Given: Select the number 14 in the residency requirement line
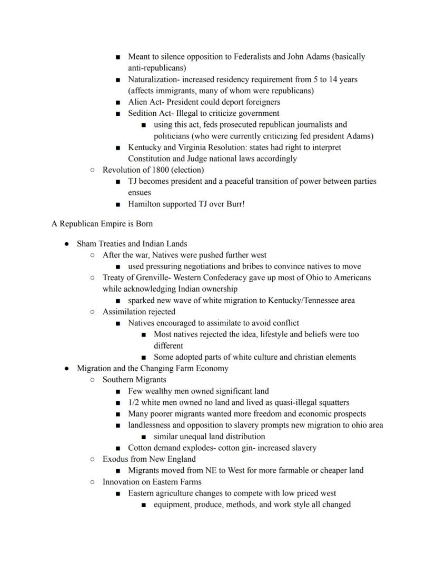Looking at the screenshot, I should point(333,80).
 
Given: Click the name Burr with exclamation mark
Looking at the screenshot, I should point(234,204).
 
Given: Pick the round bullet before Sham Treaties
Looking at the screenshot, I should point(66,244).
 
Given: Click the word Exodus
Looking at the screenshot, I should point(116,459).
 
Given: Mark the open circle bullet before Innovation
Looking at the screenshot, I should point(92,482).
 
